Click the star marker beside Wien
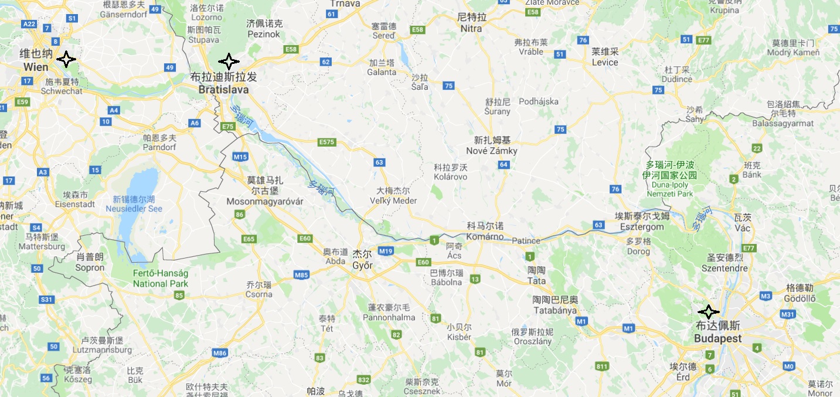click(66, 59)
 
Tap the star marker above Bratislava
click(229, 61)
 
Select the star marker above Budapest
click(709, 312)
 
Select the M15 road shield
click(240, 157)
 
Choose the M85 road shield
click(301, 274)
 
